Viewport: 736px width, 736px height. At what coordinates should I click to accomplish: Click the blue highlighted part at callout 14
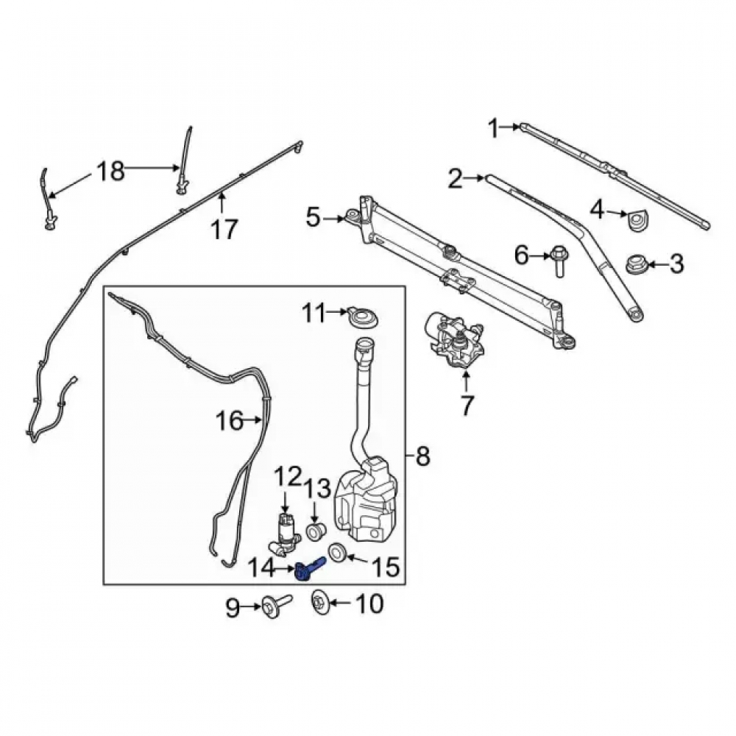click(x=308, y=567)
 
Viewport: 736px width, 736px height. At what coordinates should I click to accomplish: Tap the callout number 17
click(x=224, y=230)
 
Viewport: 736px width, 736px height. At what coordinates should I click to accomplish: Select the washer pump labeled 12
click(x=283, y=534)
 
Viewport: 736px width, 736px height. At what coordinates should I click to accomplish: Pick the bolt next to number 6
click(x=559, y=261)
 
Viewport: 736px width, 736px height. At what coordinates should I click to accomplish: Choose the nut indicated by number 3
click(x=638, y=264)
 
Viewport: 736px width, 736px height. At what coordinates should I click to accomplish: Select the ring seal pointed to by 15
click(x=336, y=552)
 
